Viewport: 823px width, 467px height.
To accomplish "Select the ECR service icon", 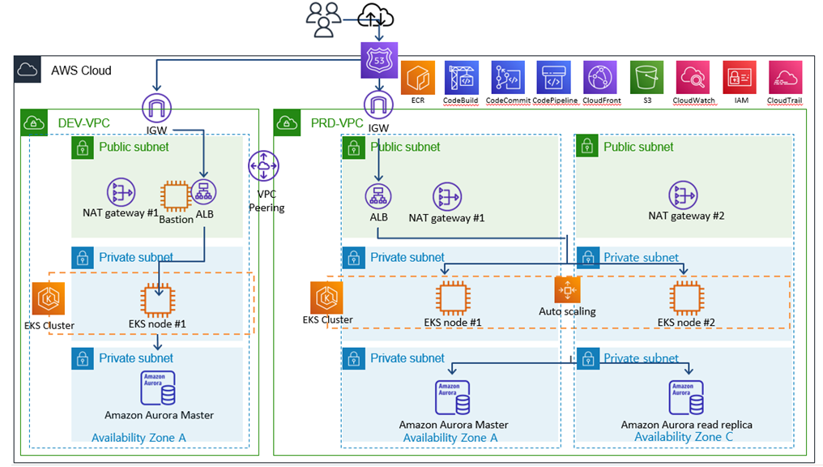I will (418, 78).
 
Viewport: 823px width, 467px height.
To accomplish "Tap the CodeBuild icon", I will (462, 78).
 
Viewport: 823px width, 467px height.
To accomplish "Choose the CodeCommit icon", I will (509, 78).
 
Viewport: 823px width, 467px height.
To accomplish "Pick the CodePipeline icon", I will (555, 78).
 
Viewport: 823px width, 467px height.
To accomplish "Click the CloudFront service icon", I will (601, 78).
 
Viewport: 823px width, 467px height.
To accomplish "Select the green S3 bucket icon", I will (647, 78).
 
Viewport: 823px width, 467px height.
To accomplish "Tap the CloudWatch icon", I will (693, 78).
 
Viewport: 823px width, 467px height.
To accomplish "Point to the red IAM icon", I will (740, 78).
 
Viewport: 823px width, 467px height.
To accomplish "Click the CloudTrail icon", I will (785, 78).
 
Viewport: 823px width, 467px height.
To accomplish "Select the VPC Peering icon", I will (264, 166).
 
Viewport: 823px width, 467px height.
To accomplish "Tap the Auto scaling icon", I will (567, 290).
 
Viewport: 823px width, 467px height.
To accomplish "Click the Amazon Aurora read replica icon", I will (685, 396).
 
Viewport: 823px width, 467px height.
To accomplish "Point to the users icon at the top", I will (324, 19).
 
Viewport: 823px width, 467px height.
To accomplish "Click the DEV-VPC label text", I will (83, 123).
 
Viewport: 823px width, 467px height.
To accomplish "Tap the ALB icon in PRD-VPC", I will (378, 195).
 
